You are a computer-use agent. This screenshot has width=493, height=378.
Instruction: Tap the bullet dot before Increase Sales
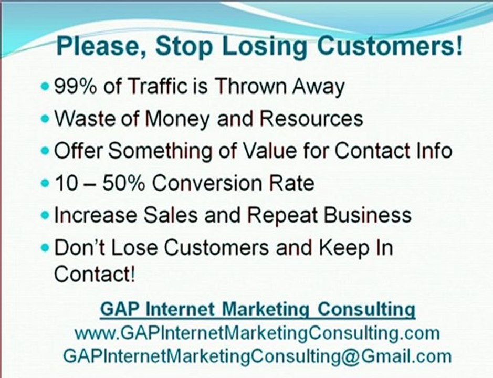click(x=46, y=215)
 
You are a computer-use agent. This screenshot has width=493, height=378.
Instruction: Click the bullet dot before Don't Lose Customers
click(x=46, y=248)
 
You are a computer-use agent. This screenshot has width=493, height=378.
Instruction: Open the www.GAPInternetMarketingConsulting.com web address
click(x=257, y=333)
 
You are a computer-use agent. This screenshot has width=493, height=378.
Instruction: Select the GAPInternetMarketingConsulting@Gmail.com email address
click(x=257, y=355)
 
